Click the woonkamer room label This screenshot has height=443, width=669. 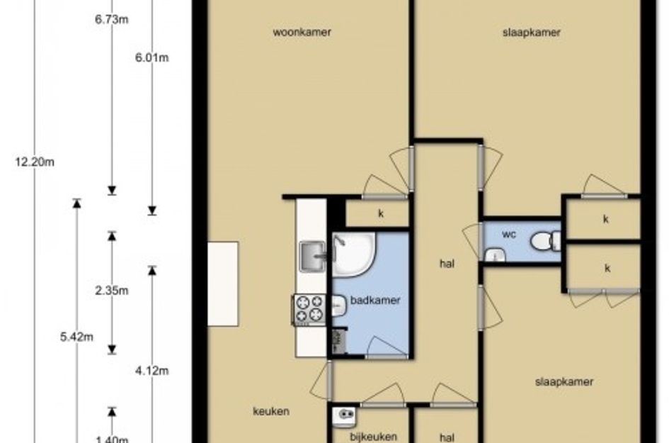pyautogui.click(x=302, y=33)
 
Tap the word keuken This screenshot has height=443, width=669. pyautogui.click(x=271, y=411)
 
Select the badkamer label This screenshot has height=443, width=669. pyautogui.click(x=375, y=301)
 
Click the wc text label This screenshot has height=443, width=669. pyautogui.click(x=509, y=235)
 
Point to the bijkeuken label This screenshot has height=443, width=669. pyautogui.click(x=373, y=437)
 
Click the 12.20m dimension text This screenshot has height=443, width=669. pyautogui.click(x=35, y=162)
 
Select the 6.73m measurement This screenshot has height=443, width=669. pyautogui.click(x=112, y=20)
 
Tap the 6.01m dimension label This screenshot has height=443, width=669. pyautogui.click(x=152, y=57)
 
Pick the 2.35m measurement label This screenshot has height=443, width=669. pyautogui.click(x=112, y=291)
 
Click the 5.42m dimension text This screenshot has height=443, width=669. pyautogui.click(x=76, y=337)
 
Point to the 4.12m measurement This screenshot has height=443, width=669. pyautogui.click(x=152, y=371)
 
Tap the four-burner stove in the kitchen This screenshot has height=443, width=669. pyautogui.click(x=309, y=310)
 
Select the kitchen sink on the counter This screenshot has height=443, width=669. pyautogui.click(x=313, y=257)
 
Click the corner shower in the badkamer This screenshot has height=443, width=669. pyautogui.click(x=354, y=254)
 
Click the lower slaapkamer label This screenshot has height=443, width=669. pyautogui.click(x=564, y=382)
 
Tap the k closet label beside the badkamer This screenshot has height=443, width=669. pyautogui.click(x=381, y=213)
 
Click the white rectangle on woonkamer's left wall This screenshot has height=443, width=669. pyautogui.click(x=223, y=284)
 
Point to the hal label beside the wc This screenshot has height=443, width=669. pyautogui.click(x=447, y=264)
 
